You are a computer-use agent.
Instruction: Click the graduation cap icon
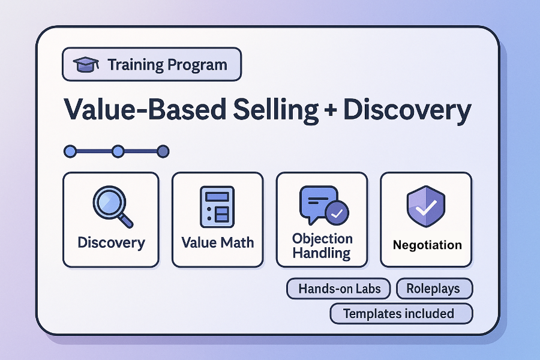point(86,64)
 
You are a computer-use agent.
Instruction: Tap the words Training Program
point(167,64)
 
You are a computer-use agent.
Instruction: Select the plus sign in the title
point(334,112)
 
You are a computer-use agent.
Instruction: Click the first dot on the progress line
point(70,151)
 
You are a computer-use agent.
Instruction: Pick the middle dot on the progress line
point(118,151)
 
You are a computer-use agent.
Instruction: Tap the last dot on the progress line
point(162,151)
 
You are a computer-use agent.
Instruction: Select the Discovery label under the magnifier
point(111,243)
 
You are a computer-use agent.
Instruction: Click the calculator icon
point(217,206)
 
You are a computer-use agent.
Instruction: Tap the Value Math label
point(217,243)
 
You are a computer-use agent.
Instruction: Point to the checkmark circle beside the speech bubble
point(337,212)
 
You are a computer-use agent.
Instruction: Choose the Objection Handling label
point(322,246)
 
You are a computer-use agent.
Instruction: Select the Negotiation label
point(427,245)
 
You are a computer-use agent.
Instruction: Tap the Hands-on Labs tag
point(338,289)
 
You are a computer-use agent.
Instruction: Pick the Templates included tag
point(401,313)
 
